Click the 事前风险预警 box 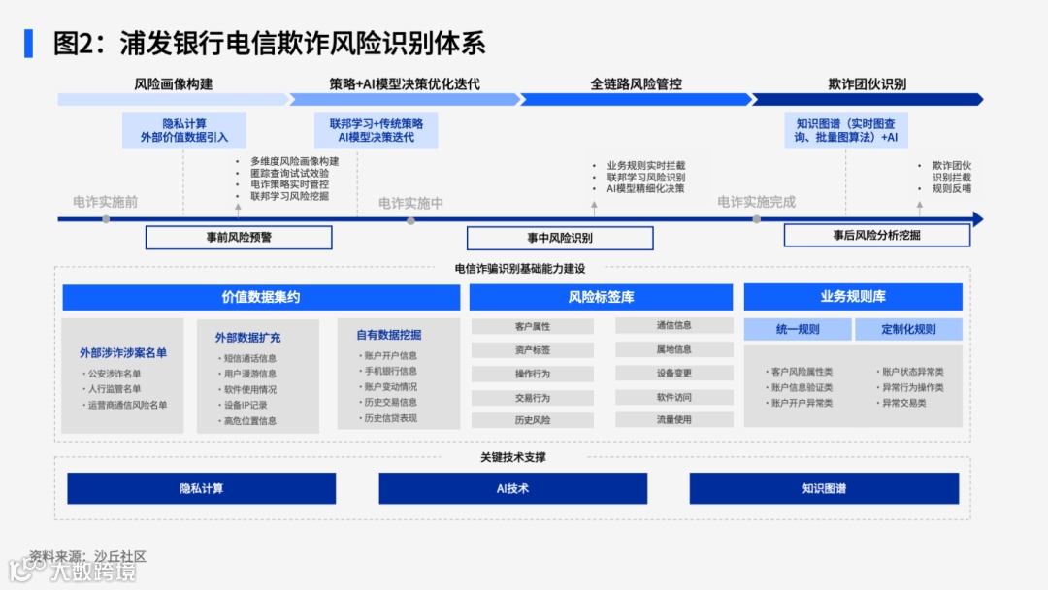click(x=239, y=238)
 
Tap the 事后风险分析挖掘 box click(x=876, y=236)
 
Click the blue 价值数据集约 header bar click(x=261, y=297)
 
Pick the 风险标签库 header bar click(x=601, y=297)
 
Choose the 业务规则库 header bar click(x=853, y=297)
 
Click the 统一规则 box click(x=798, y=329)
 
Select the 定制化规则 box click(x=908, y=329)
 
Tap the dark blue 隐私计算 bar click(x=201, y=488)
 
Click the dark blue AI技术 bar click(x=512, y=488)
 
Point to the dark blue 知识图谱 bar click(x=824, y=488)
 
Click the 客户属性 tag click(x=533, y=326)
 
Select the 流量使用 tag click(x=673, y=420)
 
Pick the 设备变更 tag click(x=673, y=373)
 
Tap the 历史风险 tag click(x=533, y=420)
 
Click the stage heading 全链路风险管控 click(x=636, y=84)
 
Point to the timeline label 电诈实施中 click(x=410, y=203)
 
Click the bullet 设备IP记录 click(x=246, y=405)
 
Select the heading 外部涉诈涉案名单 click(x=123, y=353)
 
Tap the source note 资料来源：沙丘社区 click(x=87, y=556)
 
